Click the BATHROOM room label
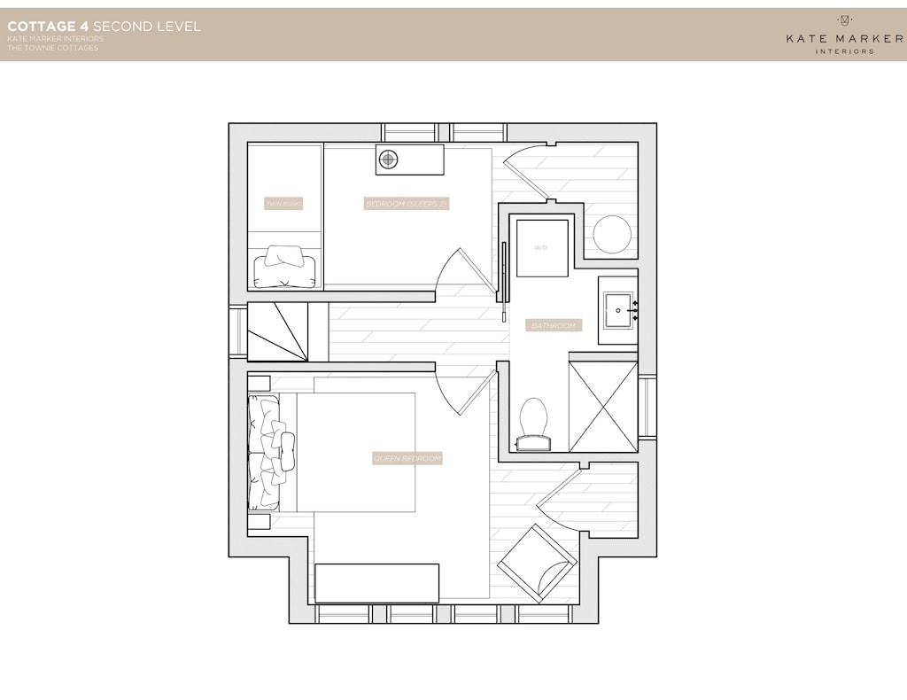(x=554, y=326)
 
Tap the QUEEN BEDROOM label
(x=407, y=459)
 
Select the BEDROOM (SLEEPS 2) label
(x=407, y=205)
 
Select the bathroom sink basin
(x=618, y=311)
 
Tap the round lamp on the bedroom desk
(x=388, y=159)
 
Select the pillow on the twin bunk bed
(x=284, y=265)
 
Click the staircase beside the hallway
(x=277, y=331)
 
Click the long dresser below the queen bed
(x=376, y=582)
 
